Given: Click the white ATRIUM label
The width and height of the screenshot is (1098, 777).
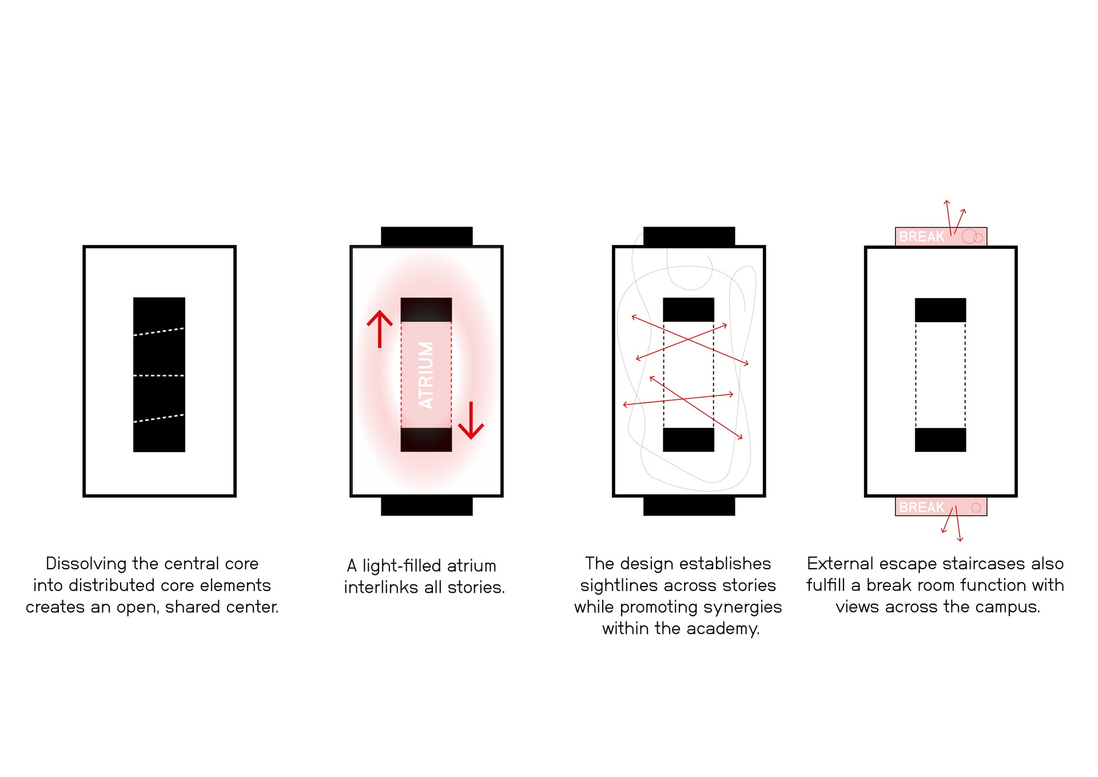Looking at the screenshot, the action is point(426,375).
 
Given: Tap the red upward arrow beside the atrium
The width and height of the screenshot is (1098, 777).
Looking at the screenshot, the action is point(380,329).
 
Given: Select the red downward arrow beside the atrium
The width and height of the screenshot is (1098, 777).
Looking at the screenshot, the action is point(471,421).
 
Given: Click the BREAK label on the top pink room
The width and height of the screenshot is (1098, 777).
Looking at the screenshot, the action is point(922,236).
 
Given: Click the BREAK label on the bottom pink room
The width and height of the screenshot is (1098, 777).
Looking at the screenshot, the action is point(922,507).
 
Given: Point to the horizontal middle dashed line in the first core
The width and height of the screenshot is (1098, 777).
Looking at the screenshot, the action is point(159,376).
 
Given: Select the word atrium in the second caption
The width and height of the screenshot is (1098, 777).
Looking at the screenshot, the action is point(471,566).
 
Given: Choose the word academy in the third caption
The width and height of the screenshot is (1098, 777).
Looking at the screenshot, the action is point(723,629).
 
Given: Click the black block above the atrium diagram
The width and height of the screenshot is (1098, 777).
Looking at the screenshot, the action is point(427,236).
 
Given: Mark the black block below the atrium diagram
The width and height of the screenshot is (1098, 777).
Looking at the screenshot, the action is point(427,506).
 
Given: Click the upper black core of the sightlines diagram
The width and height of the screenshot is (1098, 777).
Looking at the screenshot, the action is point(689,310).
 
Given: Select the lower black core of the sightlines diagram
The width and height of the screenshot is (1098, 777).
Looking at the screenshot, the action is point(689,439).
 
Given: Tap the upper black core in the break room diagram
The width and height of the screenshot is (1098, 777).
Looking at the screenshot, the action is point(941,310).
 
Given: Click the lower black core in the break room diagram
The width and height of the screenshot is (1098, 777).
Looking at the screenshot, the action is point(941,440).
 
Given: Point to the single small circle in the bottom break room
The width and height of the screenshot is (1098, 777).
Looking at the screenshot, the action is point(976,508).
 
